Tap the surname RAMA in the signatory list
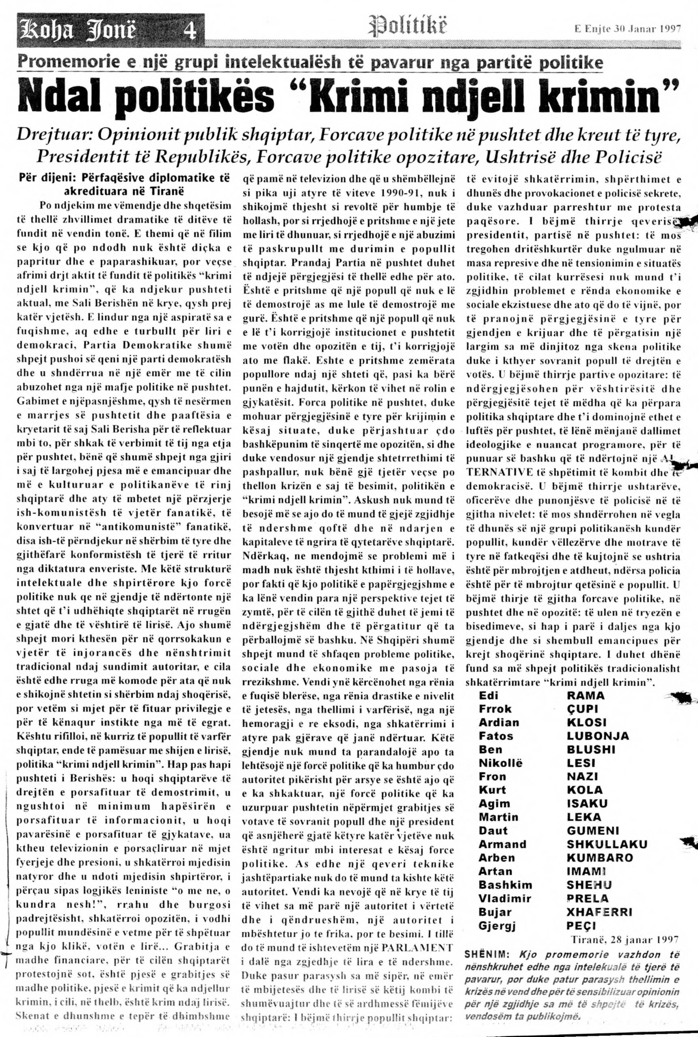pos(586,696)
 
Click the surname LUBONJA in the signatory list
pos(598,736)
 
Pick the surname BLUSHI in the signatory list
pos(591,749)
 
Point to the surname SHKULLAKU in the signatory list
pos(607,844)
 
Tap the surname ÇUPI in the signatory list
pos(582,709)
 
